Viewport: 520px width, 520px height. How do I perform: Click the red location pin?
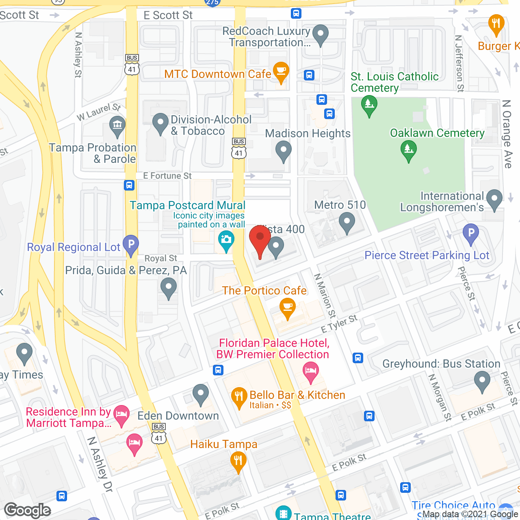[260, 239]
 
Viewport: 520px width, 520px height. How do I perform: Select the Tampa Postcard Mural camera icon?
[226, 239]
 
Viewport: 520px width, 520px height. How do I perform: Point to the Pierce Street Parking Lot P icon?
[471, 233]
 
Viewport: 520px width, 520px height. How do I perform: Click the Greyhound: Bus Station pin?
[482, 381]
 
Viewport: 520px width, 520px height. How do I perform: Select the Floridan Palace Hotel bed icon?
[311, 371]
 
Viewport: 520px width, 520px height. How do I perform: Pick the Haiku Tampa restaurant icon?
[238, 461]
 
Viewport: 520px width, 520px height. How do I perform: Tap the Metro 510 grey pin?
[347, 222]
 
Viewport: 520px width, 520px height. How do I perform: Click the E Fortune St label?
[167, 176]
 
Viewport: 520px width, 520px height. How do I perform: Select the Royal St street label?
[161, 258]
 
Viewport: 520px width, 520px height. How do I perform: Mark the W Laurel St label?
[99, 113]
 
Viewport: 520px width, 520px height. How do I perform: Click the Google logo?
[28, 510]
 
